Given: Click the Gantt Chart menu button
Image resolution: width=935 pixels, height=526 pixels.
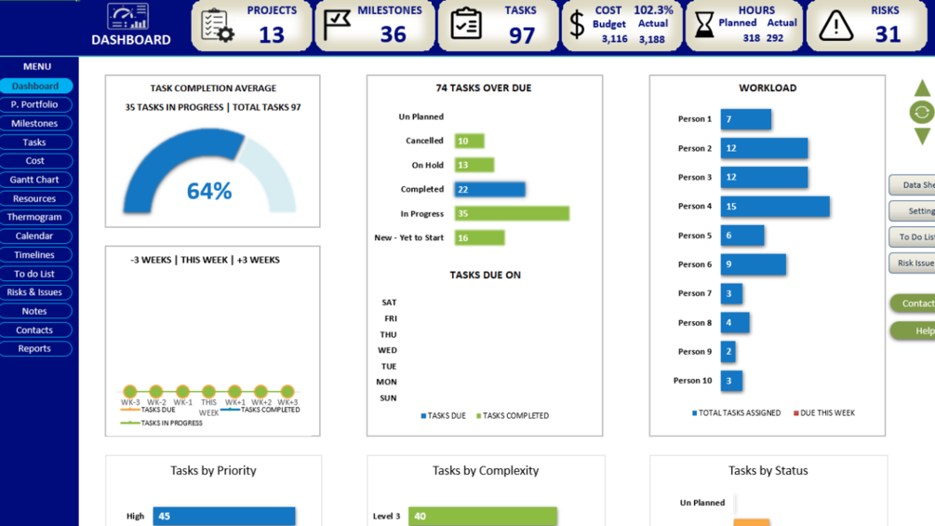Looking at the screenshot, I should (34, 180).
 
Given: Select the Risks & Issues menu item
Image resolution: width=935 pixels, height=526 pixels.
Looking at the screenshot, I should (34, 292).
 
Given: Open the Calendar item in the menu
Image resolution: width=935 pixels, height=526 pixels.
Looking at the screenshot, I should (34, 236).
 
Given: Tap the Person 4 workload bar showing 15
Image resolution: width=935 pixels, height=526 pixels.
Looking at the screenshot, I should (774, 207).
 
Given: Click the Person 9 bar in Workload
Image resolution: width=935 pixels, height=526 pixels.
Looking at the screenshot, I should (728, 352).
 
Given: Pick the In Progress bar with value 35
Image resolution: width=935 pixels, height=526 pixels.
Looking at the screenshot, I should (511, 213).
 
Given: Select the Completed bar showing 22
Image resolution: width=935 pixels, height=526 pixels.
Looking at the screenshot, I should (489, 189).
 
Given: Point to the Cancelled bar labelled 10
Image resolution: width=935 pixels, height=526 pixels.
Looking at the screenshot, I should (469, 141).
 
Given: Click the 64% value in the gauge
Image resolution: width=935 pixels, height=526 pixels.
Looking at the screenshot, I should (209, 191).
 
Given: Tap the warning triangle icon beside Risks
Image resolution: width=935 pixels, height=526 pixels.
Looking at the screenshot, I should (835, 26).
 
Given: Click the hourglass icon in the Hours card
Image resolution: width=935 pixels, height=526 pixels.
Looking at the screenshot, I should (704, 26).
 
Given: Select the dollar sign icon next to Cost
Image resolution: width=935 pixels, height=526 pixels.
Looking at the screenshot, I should (577, 26).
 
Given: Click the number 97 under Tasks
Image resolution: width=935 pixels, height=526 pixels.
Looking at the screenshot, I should (522, 35).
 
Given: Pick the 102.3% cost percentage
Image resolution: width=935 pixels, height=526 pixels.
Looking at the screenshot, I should (653, 10).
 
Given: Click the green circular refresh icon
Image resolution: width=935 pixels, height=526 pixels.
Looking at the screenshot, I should (921, 113).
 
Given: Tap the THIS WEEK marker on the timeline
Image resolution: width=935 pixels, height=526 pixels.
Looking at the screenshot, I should (208, 392).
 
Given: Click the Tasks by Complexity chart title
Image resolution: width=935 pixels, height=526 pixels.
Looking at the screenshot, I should (486, 470).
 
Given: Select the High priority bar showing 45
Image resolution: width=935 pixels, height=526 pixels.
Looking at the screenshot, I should (223, 516).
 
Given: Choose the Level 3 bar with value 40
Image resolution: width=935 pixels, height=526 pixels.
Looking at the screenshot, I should (483, 516).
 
